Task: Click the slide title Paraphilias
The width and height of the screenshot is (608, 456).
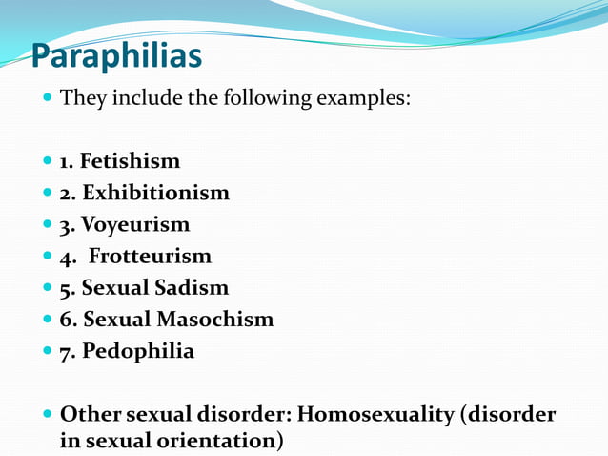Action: (116, 56)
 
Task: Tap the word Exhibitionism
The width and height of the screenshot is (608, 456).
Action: (155, 193)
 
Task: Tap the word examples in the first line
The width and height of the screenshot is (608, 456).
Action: (361, 98)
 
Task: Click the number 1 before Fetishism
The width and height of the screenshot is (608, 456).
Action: (66, 161)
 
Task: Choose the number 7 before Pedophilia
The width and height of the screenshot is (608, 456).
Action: (66, 351)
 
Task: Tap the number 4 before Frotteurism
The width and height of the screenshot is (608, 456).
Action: (66, 257)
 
